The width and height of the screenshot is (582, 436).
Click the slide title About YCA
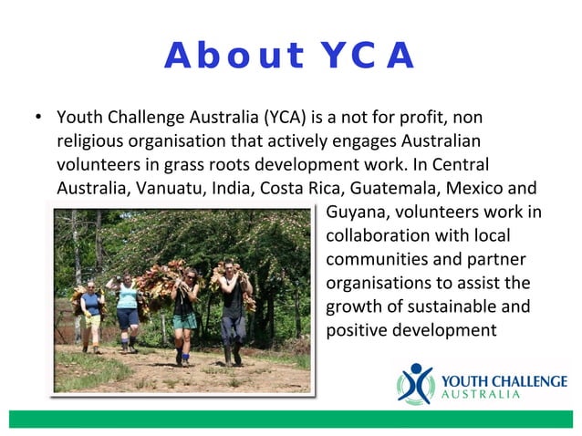click(x=290, y=57)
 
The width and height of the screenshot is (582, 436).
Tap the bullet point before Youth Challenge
click(x=36, y=119)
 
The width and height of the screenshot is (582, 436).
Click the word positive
click(x=358, y=329)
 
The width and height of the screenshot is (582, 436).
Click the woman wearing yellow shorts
click(x=90, y=315)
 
